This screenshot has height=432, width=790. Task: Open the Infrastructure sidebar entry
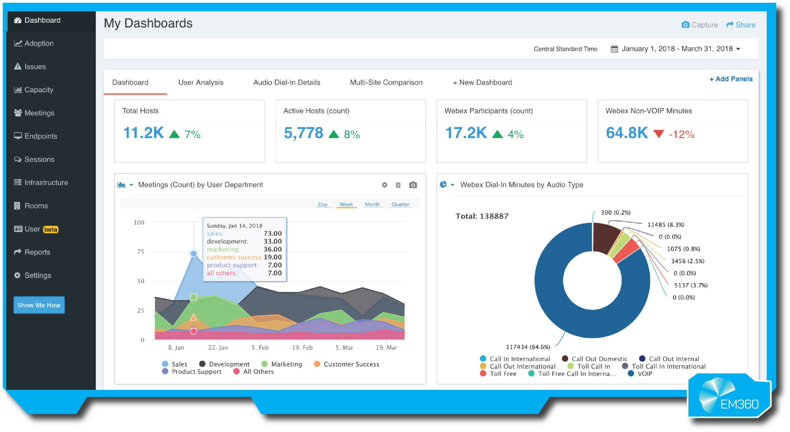[x=46, y=183]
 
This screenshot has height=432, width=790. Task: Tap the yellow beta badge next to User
[x=51, y=229]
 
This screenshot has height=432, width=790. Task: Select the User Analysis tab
[x=201, y=82]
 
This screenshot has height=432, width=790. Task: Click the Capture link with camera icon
[x=699, y=25]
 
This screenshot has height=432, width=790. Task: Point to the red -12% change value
[x=681, y=134]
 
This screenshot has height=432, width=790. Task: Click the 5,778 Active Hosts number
[x=303, y=133]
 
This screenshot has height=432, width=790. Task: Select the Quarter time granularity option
[x=400, y=204]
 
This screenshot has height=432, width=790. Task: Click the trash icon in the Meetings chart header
[x=398, y=185]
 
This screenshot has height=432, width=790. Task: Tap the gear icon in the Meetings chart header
[x=384, y=185]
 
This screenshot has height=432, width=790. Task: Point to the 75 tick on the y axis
[x=140, y=252]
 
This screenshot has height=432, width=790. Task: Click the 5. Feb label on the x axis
[x=260, y=347]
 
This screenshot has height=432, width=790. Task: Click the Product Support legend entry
[x=196, y=371]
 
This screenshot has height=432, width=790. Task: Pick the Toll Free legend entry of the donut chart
[x=502, y=374]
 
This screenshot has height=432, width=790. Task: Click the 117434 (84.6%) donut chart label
[x=527, y=347]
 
